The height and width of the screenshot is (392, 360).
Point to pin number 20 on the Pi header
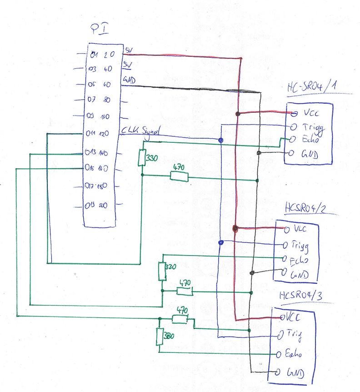click(x=103, y=206)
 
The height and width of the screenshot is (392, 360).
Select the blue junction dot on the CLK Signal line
click(x=221, y=140)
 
